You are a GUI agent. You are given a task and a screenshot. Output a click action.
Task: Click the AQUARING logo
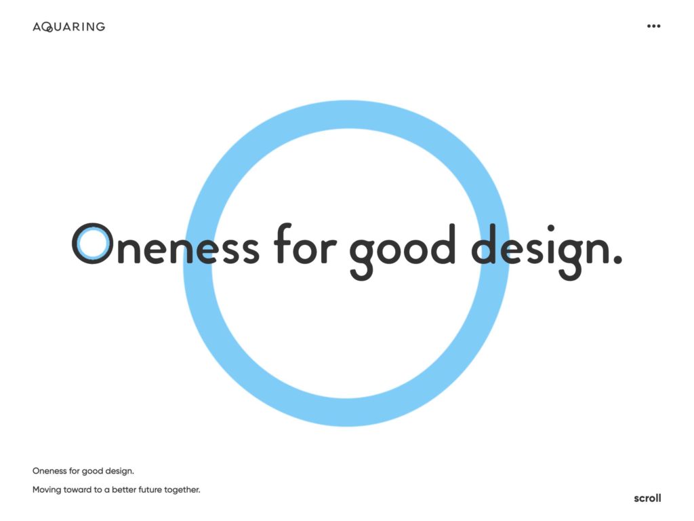coord(68,26)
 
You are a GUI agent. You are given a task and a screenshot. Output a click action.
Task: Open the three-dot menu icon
coord(653,26)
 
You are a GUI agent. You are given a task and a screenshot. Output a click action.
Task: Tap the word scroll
coord(647,498)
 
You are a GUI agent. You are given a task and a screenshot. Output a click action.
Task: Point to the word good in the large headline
coord(402,248)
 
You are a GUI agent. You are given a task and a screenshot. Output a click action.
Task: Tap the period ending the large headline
coord(616,258)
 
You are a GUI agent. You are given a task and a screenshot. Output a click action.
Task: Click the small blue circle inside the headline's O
coord(90,243)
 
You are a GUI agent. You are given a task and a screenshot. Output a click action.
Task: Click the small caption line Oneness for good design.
coord(83,470)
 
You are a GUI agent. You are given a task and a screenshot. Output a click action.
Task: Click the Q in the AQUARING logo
coord(47,27)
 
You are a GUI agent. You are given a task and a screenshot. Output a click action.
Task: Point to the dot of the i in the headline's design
coord(551,229)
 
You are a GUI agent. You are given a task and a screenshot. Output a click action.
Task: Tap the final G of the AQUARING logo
coord(100,26)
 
